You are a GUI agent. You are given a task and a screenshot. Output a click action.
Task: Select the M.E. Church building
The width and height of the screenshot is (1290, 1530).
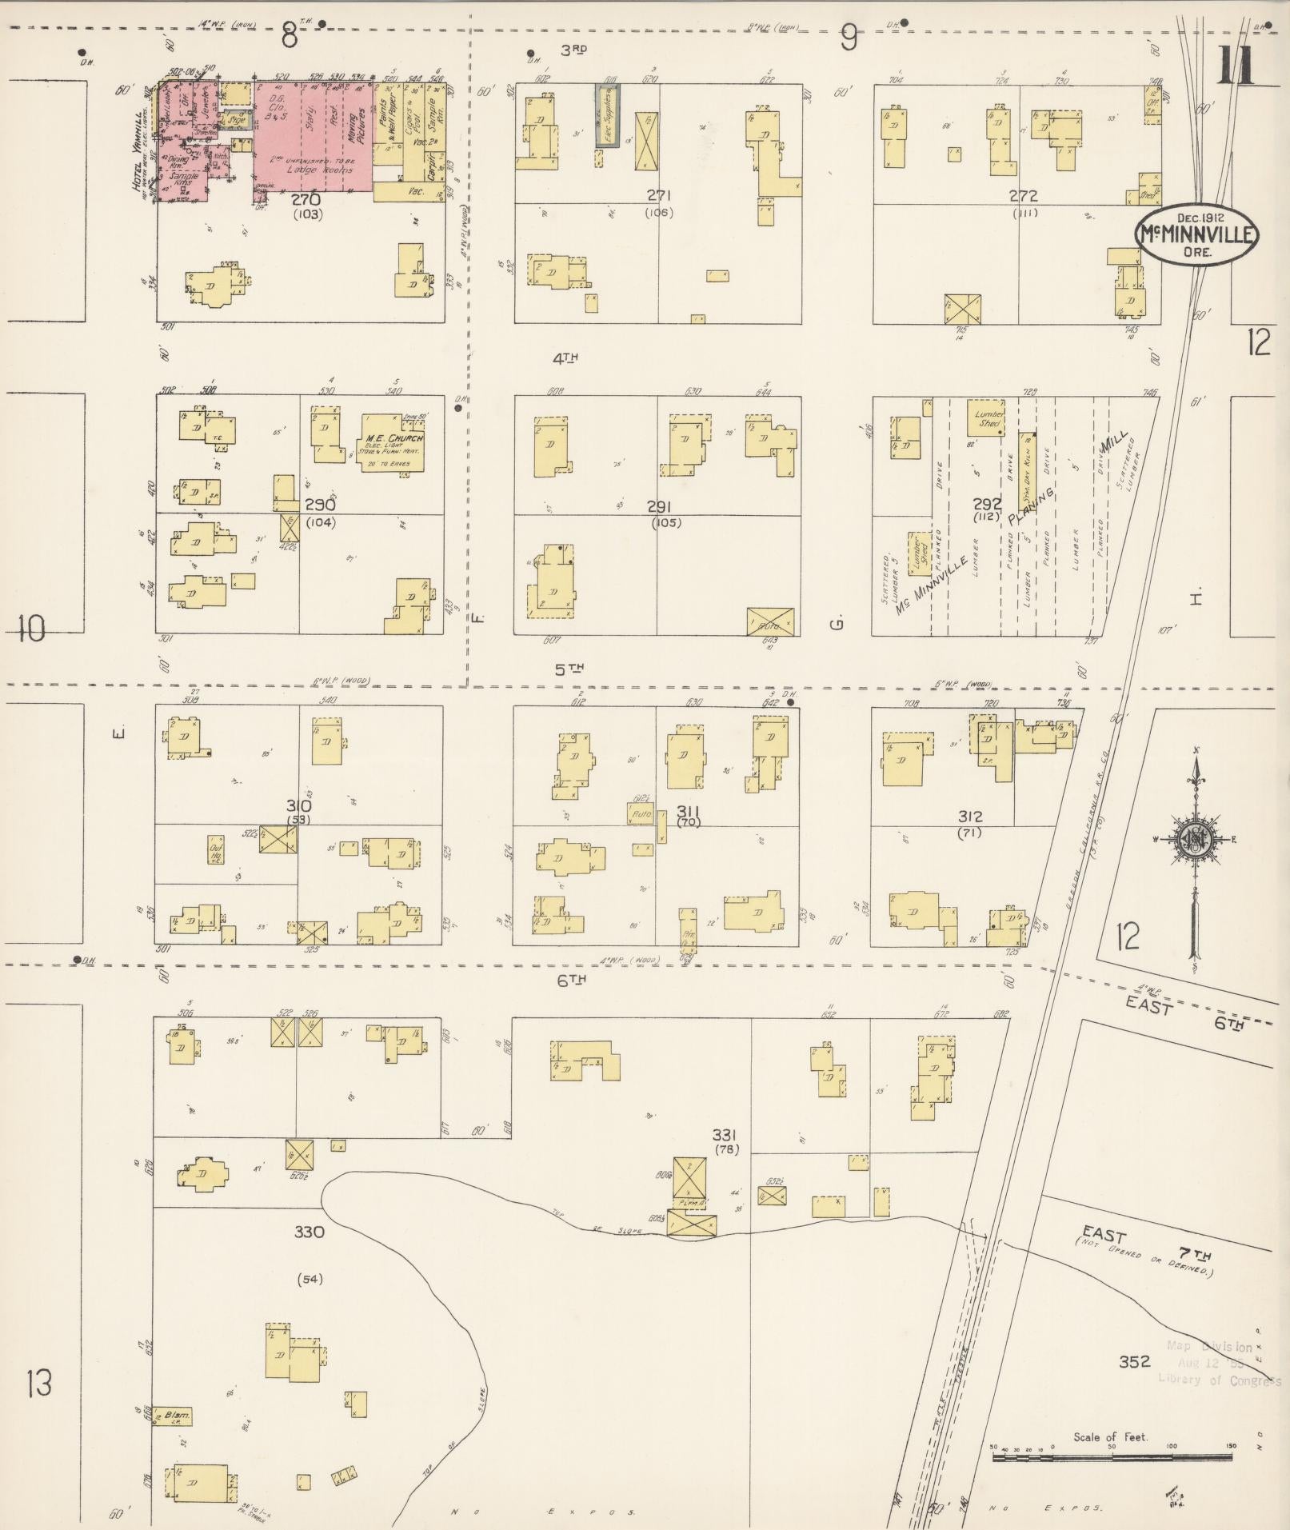click(x=393, y=444)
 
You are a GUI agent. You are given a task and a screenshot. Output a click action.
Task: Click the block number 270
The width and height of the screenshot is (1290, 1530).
click(x=306, y=199)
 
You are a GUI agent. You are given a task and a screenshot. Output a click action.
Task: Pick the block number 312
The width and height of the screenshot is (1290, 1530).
click(x=969, y=817)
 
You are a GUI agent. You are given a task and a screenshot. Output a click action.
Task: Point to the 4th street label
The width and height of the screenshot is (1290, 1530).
click(x=565, y=358)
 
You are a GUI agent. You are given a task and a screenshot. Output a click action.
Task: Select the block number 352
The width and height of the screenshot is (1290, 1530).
click(x=1134, y=1361)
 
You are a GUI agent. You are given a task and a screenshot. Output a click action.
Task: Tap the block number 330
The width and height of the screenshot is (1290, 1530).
click(x=309, y=1232)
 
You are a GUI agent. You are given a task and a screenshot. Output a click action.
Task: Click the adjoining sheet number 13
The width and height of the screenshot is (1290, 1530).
click(x=38, y=1382)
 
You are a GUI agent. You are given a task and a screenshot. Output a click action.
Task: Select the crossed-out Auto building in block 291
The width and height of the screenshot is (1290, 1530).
click(x=770, y=621)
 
